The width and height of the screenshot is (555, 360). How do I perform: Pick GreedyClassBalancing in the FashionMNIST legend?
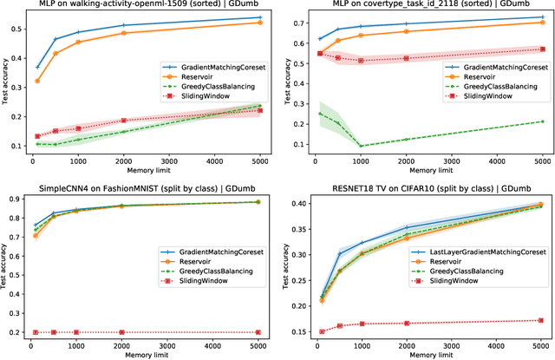click(x=216, y=270)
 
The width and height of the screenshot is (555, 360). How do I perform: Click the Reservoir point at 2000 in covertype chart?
click(x=407, y=32)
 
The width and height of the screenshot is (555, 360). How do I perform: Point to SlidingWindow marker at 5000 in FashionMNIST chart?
click(x=260, y=332)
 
